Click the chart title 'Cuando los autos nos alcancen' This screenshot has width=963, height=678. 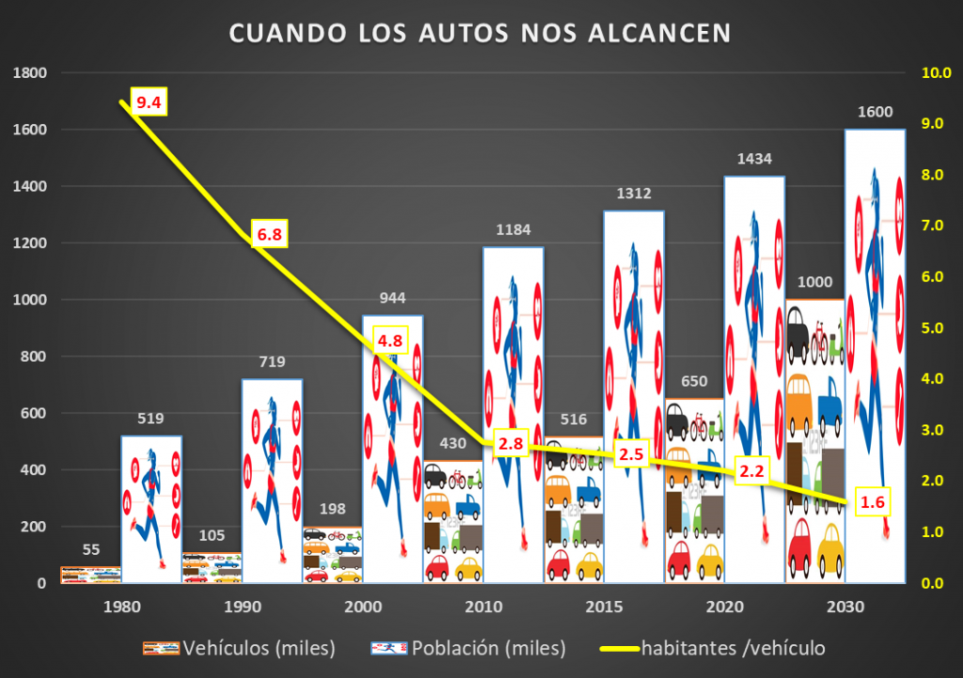click(481, 33)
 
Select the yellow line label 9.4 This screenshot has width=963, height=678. click(149, 102)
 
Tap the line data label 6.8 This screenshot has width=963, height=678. click(269, 233)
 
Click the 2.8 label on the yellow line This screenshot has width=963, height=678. click(511, 444)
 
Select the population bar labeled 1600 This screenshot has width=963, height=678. click(875, 357)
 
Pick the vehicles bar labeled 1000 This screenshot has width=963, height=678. click(814, 442)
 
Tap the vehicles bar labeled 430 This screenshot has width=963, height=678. click(453, 522)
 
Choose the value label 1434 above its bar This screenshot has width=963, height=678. click(754, 159)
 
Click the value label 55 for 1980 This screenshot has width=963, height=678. click(91, 550)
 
